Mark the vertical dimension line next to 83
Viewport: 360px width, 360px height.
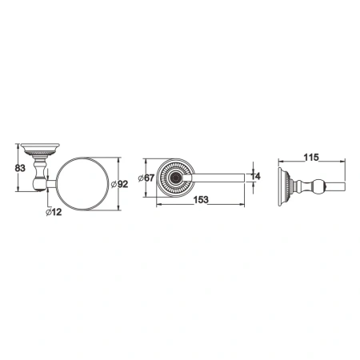pos(18,168)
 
